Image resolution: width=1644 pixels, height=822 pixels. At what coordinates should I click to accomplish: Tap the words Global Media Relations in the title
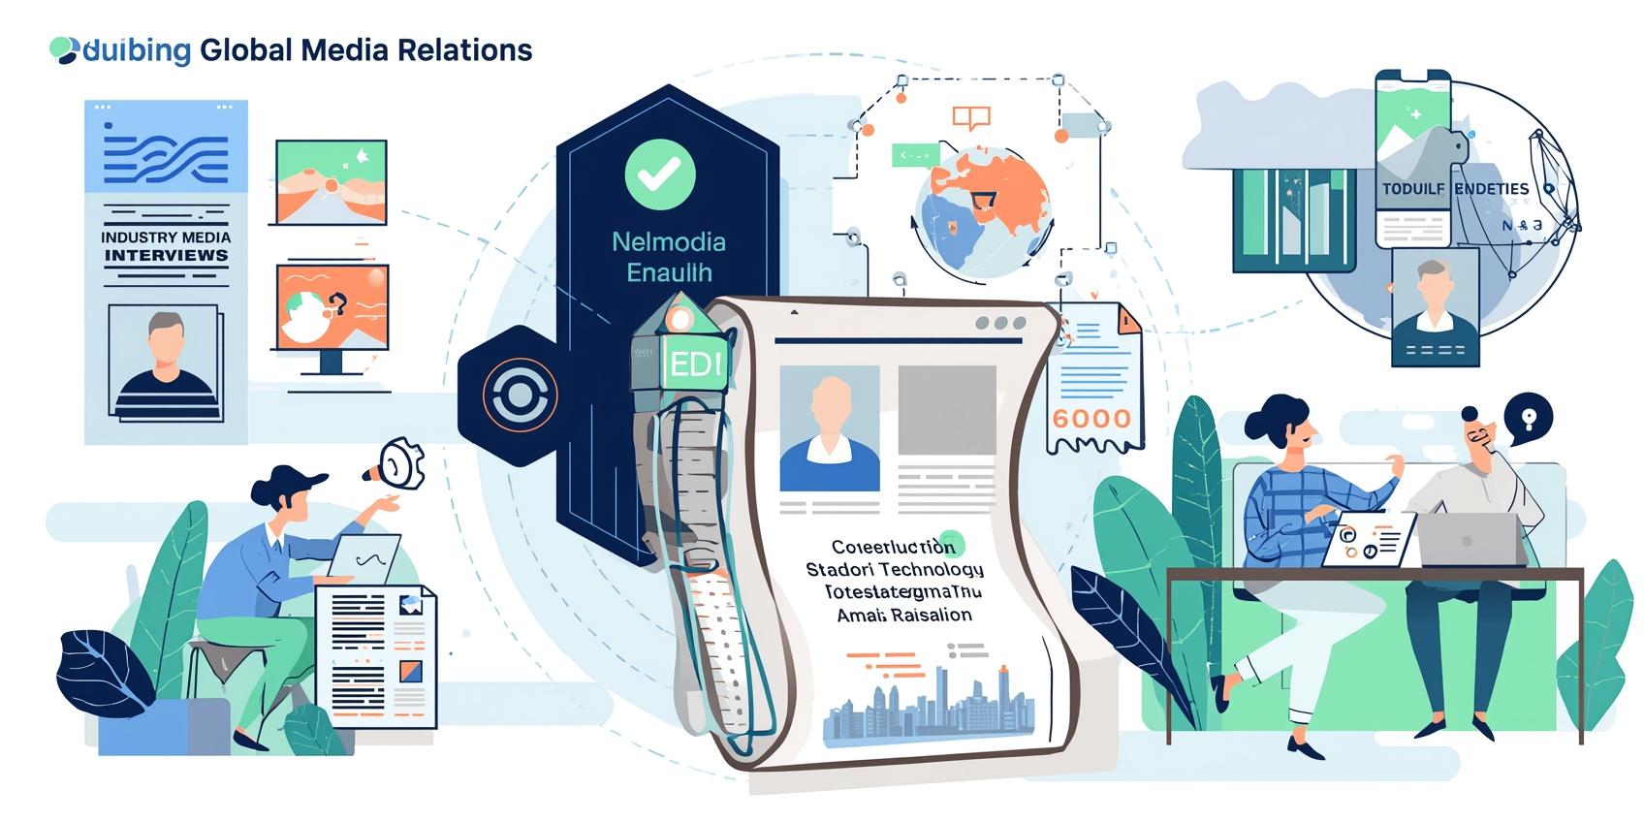coord(365,50)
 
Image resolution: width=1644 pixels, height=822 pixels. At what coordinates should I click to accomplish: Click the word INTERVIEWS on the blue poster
coord(166,256)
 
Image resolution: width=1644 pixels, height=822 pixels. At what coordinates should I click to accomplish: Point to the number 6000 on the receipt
coord(1091,419)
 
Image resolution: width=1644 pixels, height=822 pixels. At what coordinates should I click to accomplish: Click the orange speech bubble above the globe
coord(970,118)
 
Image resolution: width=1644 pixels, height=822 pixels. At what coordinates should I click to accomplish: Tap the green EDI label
coord(696,364)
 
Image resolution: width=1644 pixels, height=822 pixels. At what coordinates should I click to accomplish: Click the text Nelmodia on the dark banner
coord(668,242)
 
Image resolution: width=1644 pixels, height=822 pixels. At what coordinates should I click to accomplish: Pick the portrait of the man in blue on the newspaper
coord(829,427)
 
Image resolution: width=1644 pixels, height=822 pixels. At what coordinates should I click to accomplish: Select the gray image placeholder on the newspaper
coord(946,409)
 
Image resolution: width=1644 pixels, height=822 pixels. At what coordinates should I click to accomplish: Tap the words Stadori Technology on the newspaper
coord(894,569)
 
